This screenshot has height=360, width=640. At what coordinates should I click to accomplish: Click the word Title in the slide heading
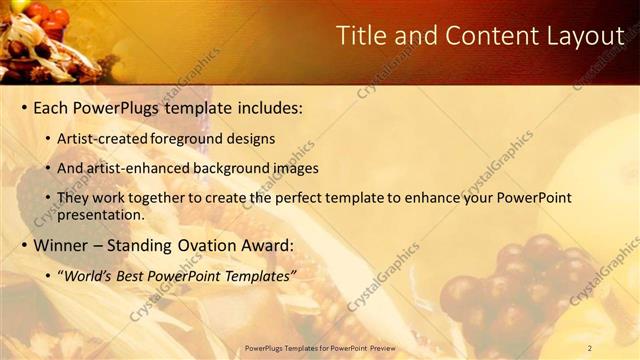point(363,36)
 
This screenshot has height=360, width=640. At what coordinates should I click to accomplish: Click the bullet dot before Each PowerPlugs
point(24,106)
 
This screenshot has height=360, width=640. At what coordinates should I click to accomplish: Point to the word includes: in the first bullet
point(266,106)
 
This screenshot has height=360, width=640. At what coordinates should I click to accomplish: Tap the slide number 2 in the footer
point(590,348)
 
